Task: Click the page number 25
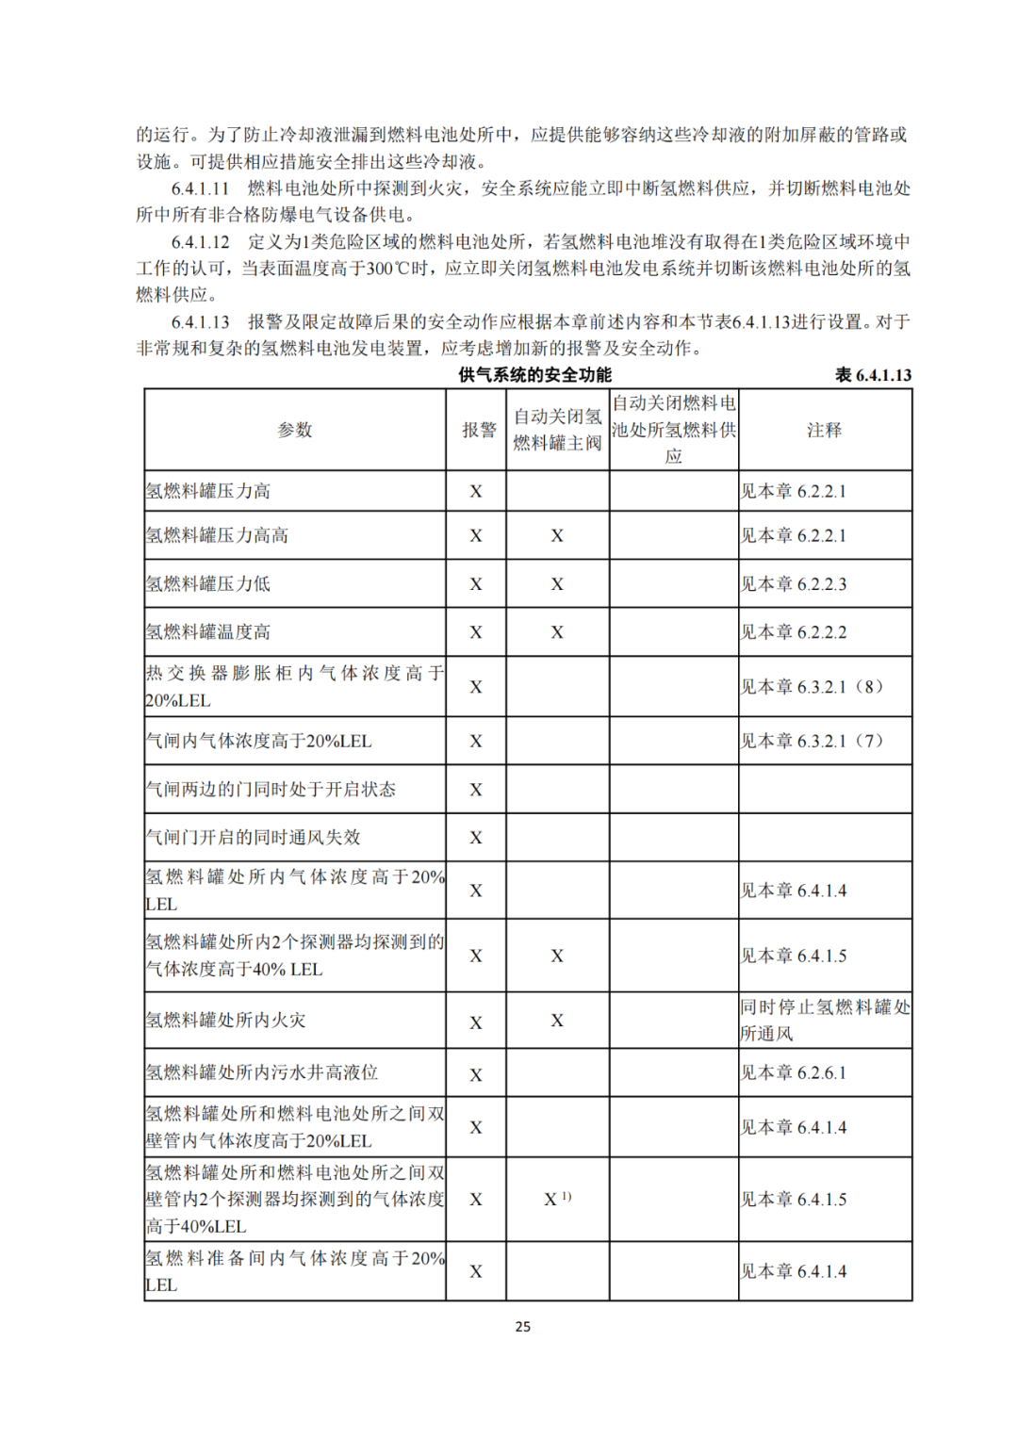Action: [522, 1326]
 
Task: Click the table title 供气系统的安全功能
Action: [534, 375]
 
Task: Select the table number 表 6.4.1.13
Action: [873, 375]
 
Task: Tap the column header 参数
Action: [294, 430]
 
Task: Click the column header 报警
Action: [478, 430]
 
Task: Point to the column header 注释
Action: [824, 430]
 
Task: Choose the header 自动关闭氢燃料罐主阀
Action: [557, 430]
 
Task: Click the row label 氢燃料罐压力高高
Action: [217, 535]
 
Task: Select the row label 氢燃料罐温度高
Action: [208, 631]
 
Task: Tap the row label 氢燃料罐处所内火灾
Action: [225, 1020]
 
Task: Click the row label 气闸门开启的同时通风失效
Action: [253, 837]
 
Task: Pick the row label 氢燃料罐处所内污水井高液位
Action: [261, 1072]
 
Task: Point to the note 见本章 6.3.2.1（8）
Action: [812, 686]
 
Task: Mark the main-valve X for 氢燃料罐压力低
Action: [557, 584]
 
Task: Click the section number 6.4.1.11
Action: [200, 188]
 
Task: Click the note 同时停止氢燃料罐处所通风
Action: [824, 1020]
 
